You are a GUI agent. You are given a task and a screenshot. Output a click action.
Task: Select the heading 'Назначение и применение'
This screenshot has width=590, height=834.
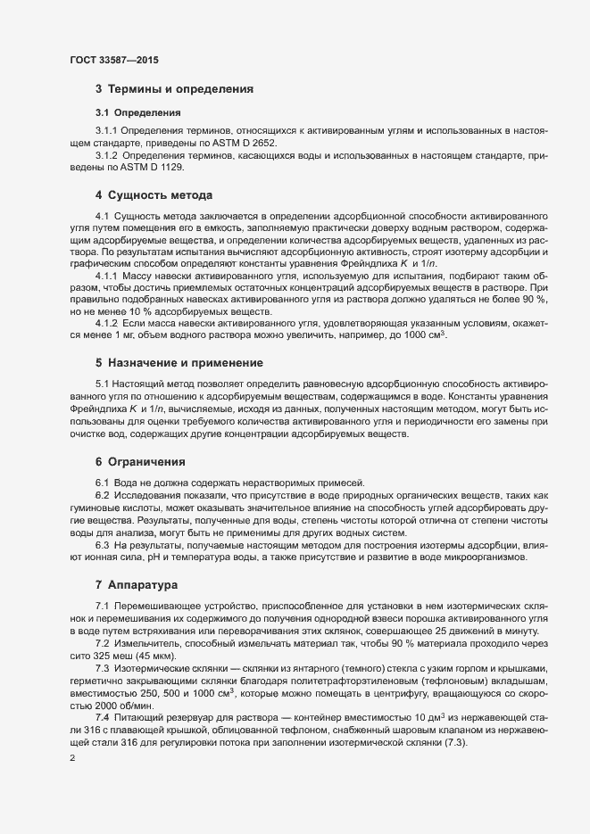(185, 363)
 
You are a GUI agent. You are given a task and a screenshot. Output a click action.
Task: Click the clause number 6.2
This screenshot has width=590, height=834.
(103, 494)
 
